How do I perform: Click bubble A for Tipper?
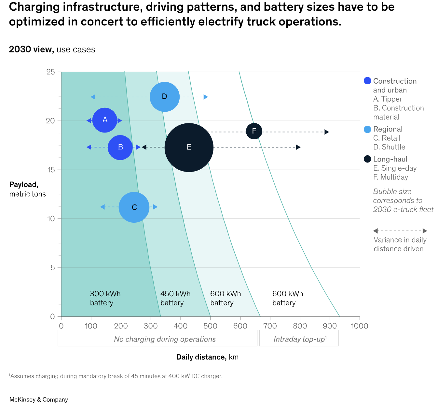click(104, 120)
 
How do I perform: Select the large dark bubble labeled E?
click(189, 147)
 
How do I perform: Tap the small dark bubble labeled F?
click(254, 131)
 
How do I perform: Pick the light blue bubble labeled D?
click(165, 97)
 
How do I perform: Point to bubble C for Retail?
click(134, 207)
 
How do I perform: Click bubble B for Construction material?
click(120, 147)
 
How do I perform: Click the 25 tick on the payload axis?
click(51, 72)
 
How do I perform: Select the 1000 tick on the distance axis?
click(360, 326)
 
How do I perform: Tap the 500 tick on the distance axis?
click(211, 326)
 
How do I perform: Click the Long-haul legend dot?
click(367, 159)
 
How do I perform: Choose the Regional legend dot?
click(367, 129)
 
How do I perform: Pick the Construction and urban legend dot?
click(367, 81)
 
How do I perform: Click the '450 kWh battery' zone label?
click(175, 298)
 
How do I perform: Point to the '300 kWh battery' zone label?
click(105, 298)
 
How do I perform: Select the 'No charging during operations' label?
click(165, 339)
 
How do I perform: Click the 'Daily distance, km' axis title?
click(207, 357)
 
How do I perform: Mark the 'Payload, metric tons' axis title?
click(28, 189)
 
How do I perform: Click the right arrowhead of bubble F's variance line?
click(327, 132)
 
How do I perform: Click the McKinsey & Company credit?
click(39, 399)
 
